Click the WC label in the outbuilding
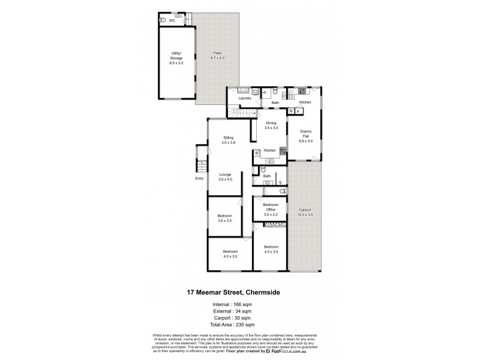(x=172, y=20)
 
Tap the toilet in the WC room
(x=163, y=20)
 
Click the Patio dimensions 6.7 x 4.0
(x=217, y=58)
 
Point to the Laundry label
(x=244, y=98)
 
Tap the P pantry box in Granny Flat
(x=298, y=112)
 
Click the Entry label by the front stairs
(x=199, y=178)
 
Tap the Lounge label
(x=225, y=175)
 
